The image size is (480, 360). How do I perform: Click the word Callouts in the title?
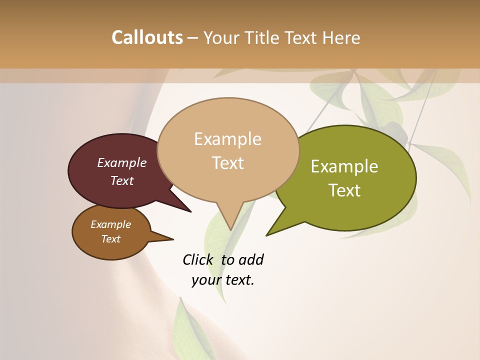pos(147,37)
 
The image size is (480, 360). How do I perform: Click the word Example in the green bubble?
pos(344,166)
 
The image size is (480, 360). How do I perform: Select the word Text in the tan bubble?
pos(228,163)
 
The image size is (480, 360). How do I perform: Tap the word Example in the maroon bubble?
pos(122,162)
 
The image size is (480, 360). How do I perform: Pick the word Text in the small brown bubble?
pos(111,239)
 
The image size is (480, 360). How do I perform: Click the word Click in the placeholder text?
pos(197,259)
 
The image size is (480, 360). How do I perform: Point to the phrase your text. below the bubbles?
pos(223,280)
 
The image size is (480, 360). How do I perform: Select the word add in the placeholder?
pos(250,259)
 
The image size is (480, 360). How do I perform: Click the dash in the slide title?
pos(193,37)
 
